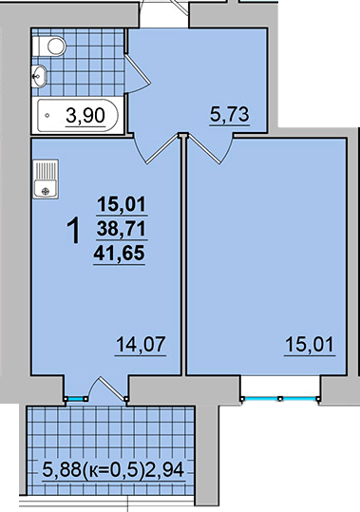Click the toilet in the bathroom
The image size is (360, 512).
coord(49,46)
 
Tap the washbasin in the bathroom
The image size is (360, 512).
coord(39,76)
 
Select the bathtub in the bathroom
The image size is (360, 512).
coord(77,115)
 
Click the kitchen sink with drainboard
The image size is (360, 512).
coord(46,179)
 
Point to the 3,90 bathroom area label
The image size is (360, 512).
coord(85,116)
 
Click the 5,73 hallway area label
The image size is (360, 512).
coord(230,115)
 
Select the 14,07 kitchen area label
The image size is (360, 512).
coord(141,345)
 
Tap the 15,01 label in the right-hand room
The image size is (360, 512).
coord(310,345)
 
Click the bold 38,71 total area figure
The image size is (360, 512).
coord(121,229)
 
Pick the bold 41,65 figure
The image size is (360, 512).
coord(119,253)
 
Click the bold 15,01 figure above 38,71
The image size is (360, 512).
coord(121,205)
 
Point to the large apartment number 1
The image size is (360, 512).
coord(74,231)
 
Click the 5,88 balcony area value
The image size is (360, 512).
coord(62,470)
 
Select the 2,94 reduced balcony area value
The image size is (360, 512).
coord(165,470)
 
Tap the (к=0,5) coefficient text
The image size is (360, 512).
coord(114,471)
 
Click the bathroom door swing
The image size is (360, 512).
coord(137,74)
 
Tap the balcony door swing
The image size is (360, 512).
coord(107,388)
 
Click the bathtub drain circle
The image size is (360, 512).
coord(47,115)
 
